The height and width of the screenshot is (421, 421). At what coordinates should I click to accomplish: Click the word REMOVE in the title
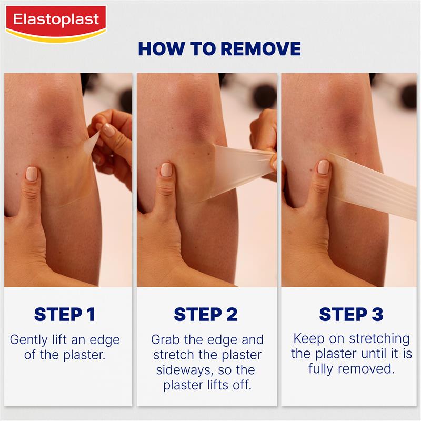click(260, 48)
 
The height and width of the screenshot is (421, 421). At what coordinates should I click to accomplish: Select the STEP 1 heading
click(65, 314)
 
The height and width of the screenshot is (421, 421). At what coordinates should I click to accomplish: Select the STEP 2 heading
click(206, 314)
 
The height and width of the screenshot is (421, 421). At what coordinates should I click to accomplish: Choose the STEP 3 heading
click(351, 314)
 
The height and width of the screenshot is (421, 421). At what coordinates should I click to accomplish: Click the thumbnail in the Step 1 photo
click(31, 173)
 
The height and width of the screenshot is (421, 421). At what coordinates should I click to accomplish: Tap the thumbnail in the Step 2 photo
click(166, 169)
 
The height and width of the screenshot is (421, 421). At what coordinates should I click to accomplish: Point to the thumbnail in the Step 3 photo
click(323, 167)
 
